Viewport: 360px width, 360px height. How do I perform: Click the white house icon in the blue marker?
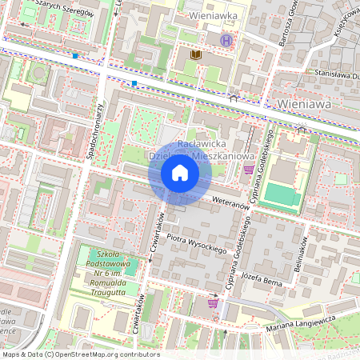point(180,173)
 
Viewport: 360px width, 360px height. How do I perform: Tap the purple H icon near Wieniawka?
point(227,40)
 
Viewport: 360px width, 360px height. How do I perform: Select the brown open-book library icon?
point(195,54)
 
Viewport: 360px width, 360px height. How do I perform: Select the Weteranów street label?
point(233,205)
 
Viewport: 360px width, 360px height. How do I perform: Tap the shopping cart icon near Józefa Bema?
point(213,302)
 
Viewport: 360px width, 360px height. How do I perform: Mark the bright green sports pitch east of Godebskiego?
point(280,194)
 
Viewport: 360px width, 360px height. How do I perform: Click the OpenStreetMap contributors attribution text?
point(80,354)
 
